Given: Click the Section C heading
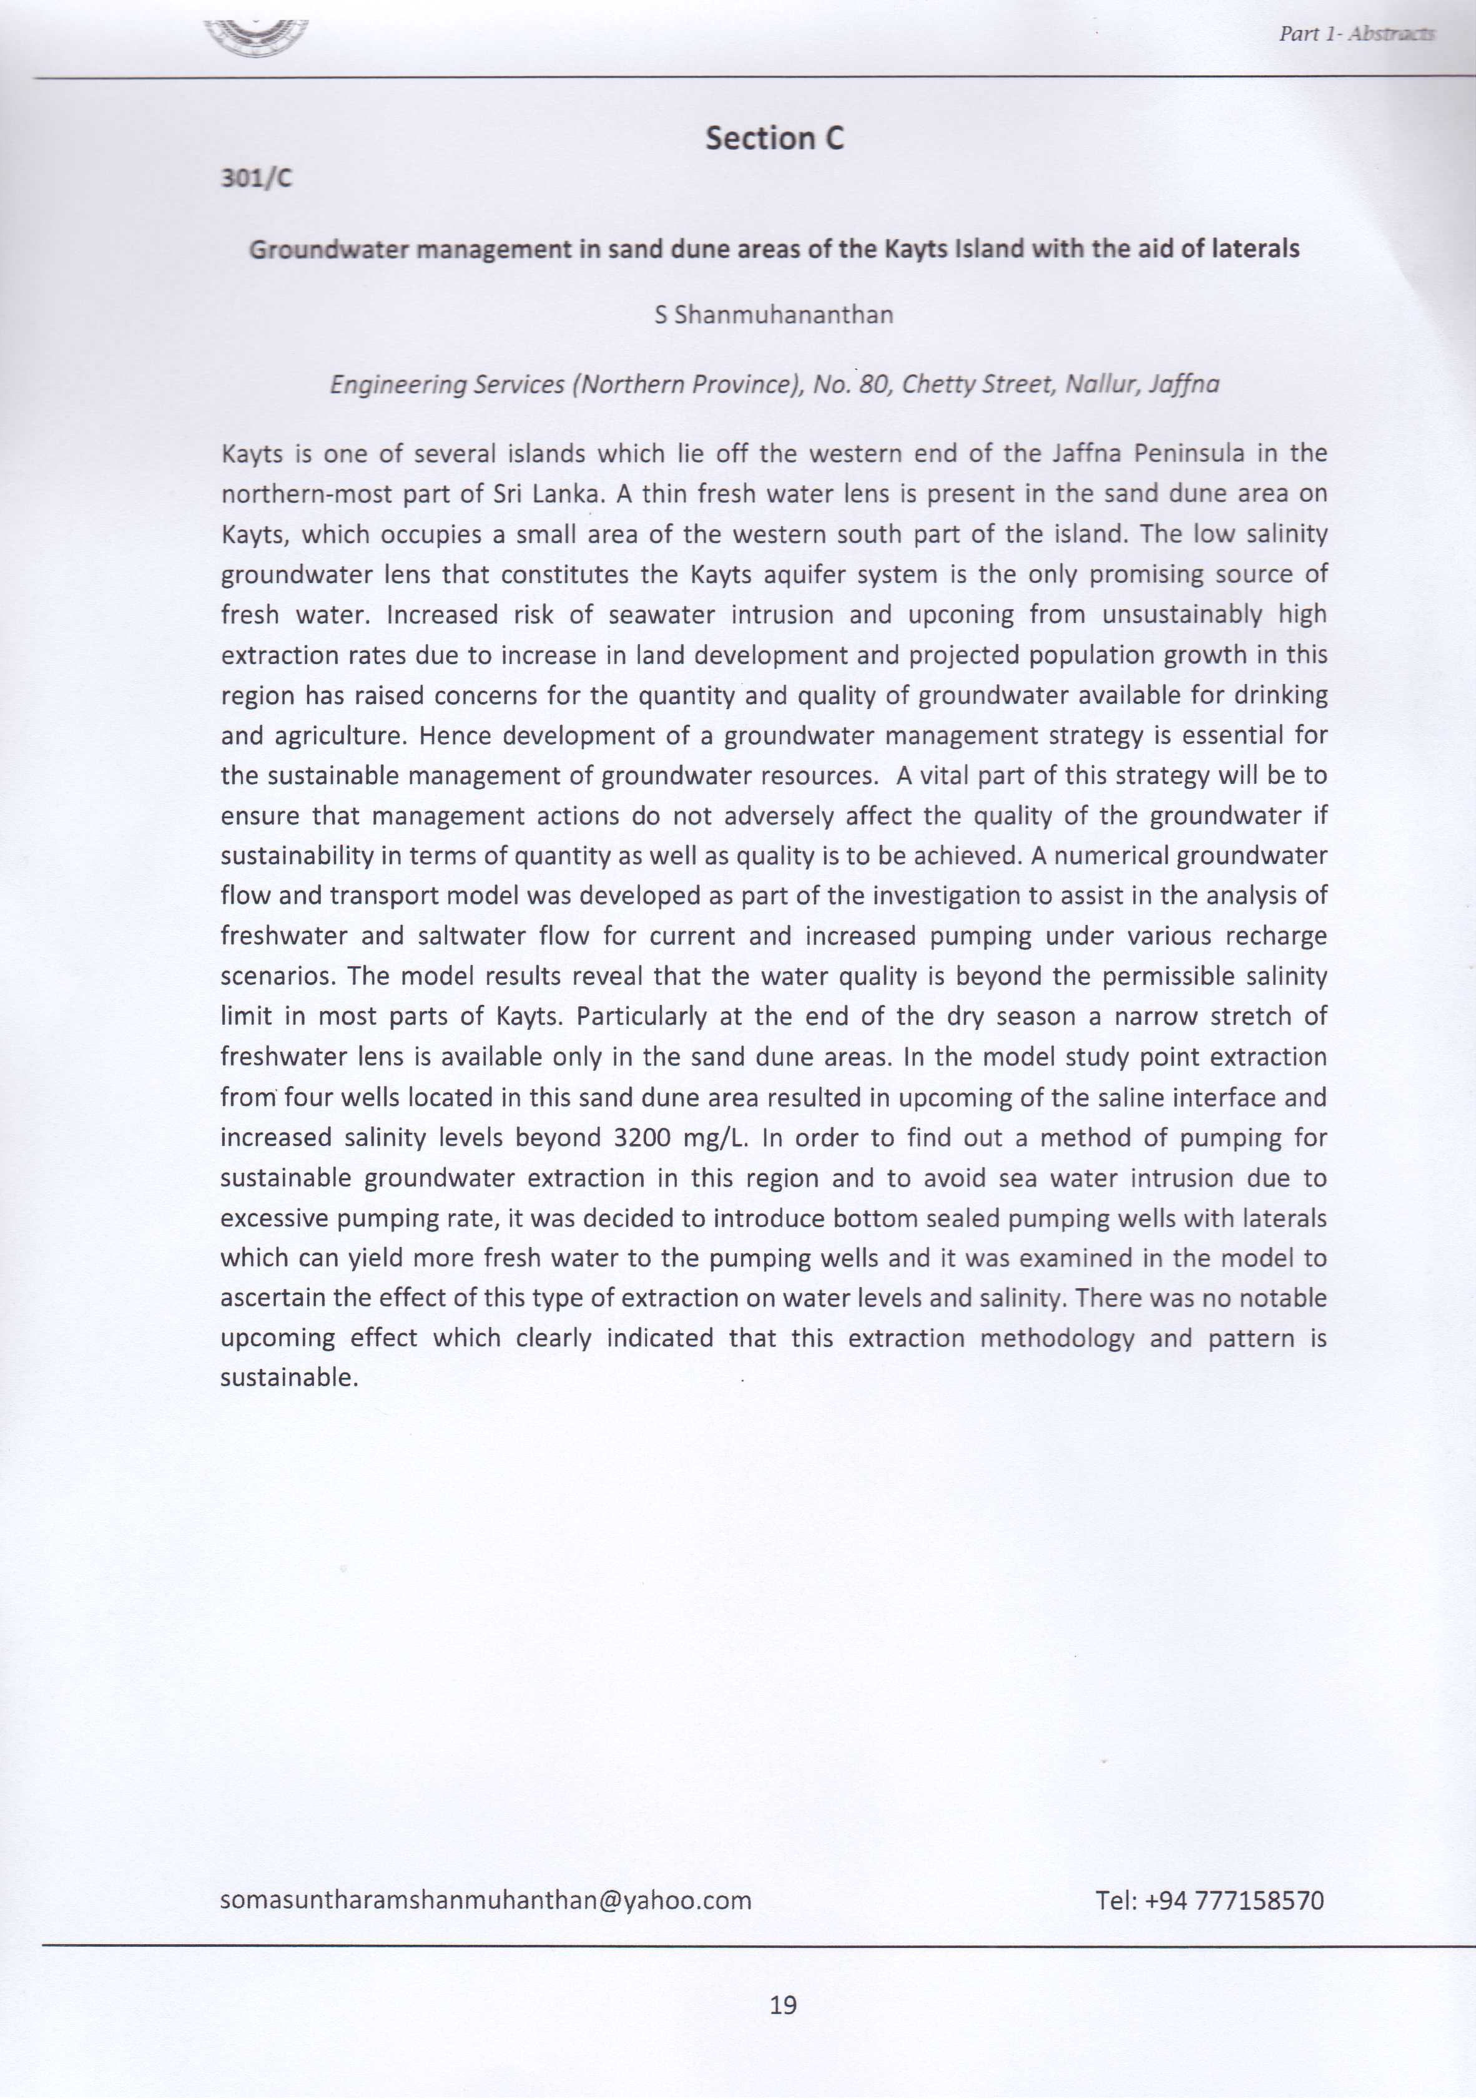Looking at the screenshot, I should (x=774, y=138).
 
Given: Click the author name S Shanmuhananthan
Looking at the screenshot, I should (x=774, y=315).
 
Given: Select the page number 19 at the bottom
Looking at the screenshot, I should (x=783, y=2005).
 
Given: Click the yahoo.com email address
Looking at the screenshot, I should (x=486, y=1901).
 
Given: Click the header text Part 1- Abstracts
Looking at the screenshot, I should (x=1356, y=34).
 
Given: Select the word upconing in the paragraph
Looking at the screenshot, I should (x=960, y=615).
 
